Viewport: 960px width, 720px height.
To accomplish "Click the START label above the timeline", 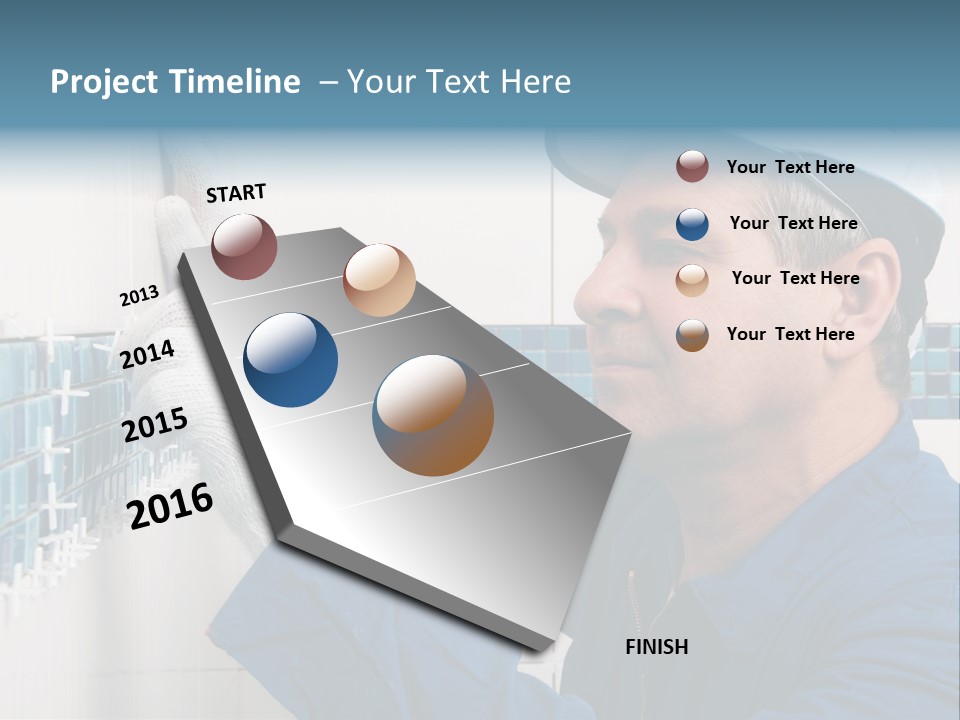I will pyautogui.click(x=236, y=193).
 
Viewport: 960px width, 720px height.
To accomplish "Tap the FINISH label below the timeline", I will pyautogui.click(x=656, y=647).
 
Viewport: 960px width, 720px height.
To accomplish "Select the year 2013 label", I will pyautogui.click(x=139, y=296).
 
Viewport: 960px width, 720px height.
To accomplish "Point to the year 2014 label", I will pyautogui.click(x=148, y=354).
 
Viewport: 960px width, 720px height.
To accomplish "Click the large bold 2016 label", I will pyautogui.click(x=170, y=506).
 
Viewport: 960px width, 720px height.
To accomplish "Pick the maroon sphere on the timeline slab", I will pyautogui.click(x=244, y=246).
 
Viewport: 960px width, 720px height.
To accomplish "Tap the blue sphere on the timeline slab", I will pyautogui.click(x=290, y=360).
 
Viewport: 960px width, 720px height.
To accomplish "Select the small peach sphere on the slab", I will pyautogui.click(x=379, y=280).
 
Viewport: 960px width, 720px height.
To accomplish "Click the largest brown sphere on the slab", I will pyautogui.click(x=433, y=415).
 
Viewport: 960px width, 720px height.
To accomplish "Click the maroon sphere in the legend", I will pyautogui.click(x=692, y=166).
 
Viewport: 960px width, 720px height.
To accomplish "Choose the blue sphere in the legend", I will pyautogui.click(x=692, y=224).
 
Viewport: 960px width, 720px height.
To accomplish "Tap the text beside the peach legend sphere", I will pyautogui.click(x=795, y=278).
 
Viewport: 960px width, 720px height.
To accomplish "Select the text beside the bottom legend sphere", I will pyautogui.click(x=790, y=334).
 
